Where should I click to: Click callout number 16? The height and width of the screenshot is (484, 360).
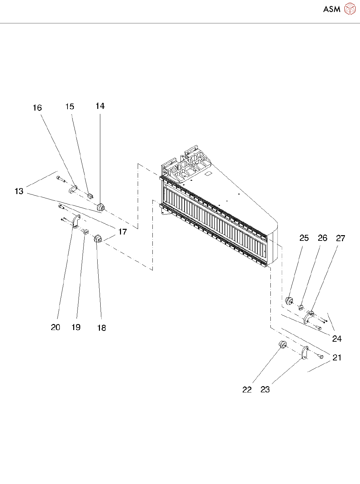[37, 108]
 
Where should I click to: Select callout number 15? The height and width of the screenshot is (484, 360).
[70, 107]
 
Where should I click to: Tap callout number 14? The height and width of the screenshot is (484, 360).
[100, 106]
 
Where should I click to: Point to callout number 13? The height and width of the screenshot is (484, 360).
[19, 191]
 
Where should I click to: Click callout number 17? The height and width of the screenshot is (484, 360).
[123, 231]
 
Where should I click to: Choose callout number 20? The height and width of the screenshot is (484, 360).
[55, 327]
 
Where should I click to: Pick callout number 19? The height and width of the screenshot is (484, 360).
[76, 327]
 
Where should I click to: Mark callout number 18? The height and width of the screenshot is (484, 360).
[102, 328]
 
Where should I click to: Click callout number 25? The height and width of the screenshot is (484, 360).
[304, 238]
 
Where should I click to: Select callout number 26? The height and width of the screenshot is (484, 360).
[322, 238]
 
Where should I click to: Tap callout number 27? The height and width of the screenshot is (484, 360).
[340, 238]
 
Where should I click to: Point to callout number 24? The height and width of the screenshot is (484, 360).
[337, 339]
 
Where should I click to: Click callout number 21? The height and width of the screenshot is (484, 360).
[337, 357]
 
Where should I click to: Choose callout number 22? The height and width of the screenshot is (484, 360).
[247, 389]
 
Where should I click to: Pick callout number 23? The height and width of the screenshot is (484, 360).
[265, 389]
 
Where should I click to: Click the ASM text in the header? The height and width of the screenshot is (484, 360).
[332, 9]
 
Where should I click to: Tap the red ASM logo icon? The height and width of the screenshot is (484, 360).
[350, 9]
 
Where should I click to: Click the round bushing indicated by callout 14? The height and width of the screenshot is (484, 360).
[101, 207]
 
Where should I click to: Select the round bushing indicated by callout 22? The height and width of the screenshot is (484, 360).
[283, 344]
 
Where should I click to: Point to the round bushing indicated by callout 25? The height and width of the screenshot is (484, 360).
[289, 301]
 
